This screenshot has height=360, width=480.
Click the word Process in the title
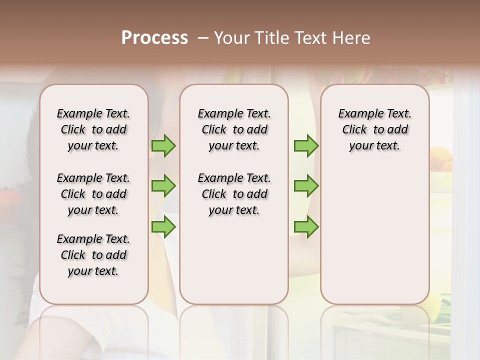(154, 38)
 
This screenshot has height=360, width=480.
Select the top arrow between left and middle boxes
(163, 146)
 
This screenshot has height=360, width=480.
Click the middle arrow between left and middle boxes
(163, 186)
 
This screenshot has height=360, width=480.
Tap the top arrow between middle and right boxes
(306, 146)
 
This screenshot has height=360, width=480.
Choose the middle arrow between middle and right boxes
(306, 186)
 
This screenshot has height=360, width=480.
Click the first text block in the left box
(93, 129)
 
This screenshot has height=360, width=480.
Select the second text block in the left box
(93, 194)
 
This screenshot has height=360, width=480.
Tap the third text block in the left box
(93, 255)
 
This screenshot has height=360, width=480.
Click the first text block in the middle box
(234, 129)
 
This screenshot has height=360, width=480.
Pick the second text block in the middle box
(234, 194)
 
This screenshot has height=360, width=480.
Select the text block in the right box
(375, 129)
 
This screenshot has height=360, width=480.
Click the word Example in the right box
(356, 114)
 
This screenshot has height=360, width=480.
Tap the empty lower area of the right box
(375, 235)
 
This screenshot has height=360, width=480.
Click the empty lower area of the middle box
(234, 260)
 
